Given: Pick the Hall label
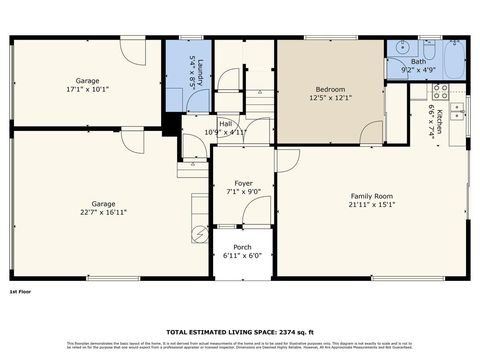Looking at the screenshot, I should pos(226,124).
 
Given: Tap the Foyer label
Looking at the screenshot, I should pos(243,183).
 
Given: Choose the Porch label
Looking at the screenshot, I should pos(242,247).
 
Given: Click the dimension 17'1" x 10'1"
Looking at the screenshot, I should pos(87,88).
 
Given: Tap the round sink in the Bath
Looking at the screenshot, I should pos(398,47).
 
